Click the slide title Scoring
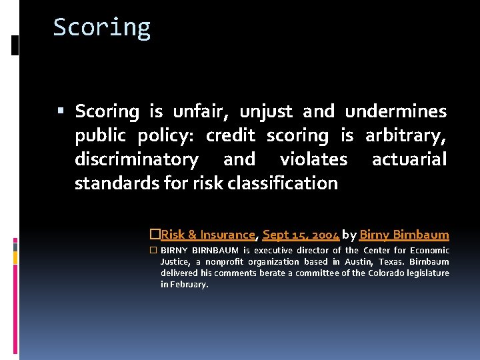[102, 27]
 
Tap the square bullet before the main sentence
[61, 111]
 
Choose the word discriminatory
[136, 159]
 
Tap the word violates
[313, 159]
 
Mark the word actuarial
[409, 159]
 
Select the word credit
[230, 136]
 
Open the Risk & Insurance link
[208, 235]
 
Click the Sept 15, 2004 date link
[301, 235]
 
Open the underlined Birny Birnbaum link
[404, 235]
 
